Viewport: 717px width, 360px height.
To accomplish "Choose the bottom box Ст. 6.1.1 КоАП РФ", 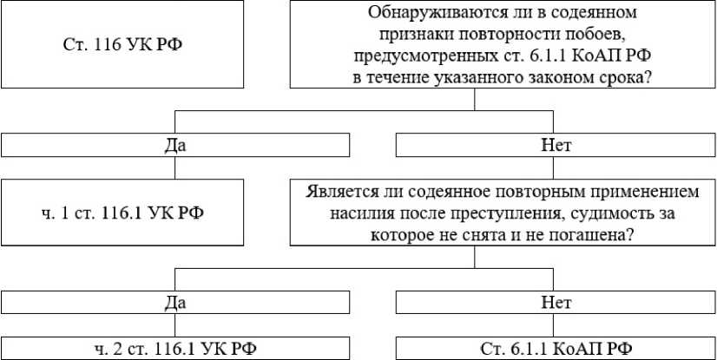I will click(556, 348).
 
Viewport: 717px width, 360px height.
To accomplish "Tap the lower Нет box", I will click(556, 303).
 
